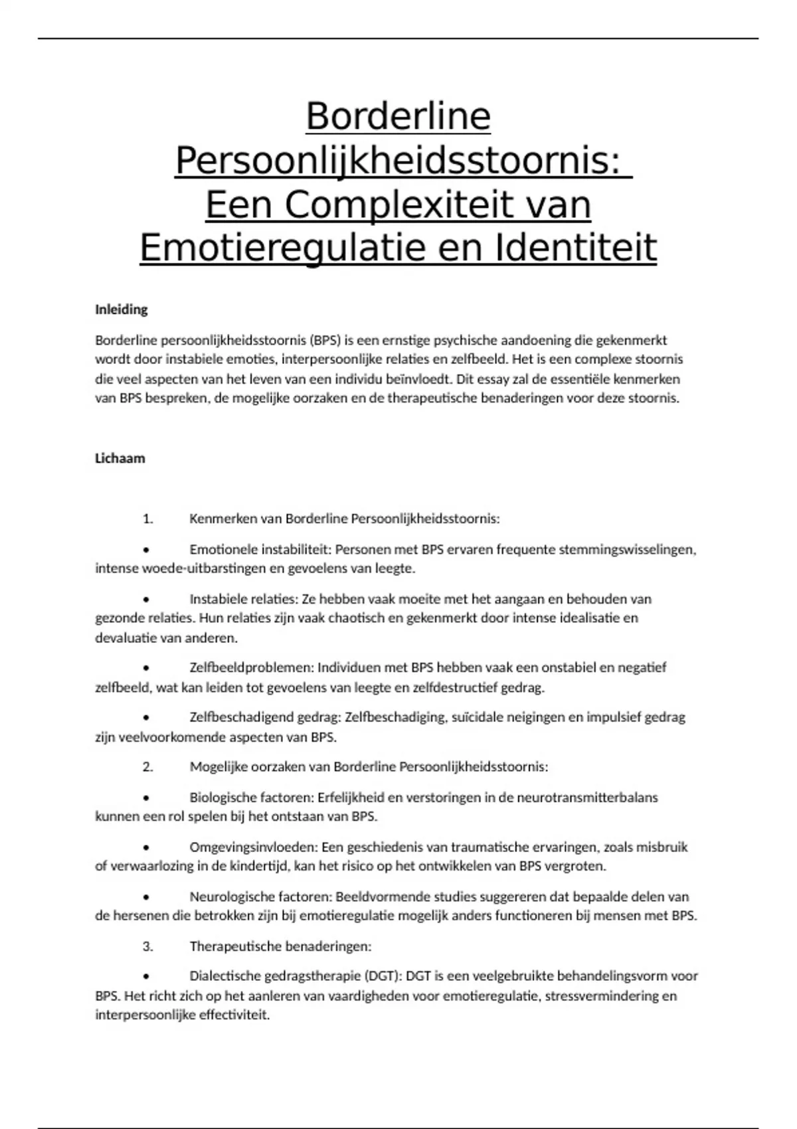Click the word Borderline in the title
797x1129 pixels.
pos(398,117)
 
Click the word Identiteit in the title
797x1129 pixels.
pos(575,248)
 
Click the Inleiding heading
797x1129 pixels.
pos(122,309)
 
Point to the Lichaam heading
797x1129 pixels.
pos(120,458)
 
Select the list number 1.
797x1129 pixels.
pos(147,519)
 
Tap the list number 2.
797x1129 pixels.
pos(147,767)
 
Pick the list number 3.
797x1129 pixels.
pos(147,946)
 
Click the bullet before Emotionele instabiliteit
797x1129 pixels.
pos(146,550)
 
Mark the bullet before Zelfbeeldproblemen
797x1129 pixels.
pos(146,668)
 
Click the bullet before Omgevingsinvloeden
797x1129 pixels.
pos(146,847)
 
